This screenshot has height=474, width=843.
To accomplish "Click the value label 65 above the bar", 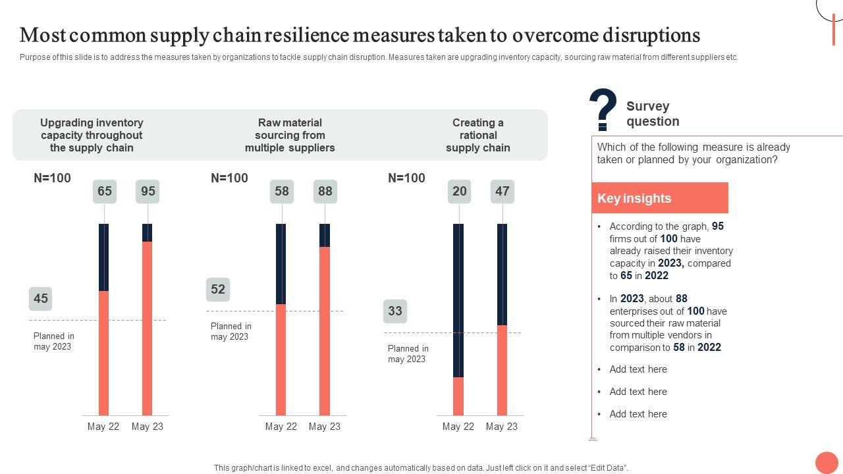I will pos(105,192).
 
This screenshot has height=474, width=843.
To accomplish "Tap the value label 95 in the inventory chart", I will pos(148,192).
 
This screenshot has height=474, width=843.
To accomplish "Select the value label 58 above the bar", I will pos(282,192).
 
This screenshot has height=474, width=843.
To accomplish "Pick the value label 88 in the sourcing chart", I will pos(325,192).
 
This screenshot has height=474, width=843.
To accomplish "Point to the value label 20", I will pos(460,192).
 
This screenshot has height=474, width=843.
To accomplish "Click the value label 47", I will pos(503,192).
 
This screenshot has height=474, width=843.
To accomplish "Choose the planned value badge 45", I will pos(41,299).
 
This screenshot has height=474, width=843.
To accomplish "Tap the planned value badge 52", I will pos(218,290).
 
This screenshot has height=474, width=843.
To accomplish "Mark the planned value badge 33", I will pos(395,311).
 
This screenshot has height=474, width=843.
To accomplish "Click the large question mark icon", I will pos(603,109).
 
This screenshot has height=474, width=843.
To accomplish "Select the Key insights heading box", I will pos(660,198).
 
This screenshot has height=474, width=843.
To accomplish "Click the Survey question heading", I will pos(653,114).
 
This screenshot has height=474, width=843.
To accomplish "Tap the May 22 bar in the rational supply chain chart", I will pos(458,319).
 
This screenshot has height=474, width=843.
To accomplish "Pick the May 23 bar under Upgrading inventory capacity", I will pos(148,319).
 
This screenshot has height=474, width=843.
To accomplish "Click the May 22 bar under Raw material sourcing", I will pos(281,319).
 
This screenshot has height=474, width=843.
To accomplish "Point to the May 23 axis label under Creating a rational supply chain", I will pos(502,427).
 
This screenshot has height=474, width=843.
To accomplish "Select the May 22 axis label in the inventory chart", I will pos(103,427).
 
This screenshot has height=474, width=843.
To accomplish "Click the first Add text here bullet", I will pos(638,369).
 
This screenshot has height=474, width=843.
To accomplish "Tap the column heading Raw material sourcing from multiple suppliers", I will pos(290,135).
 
